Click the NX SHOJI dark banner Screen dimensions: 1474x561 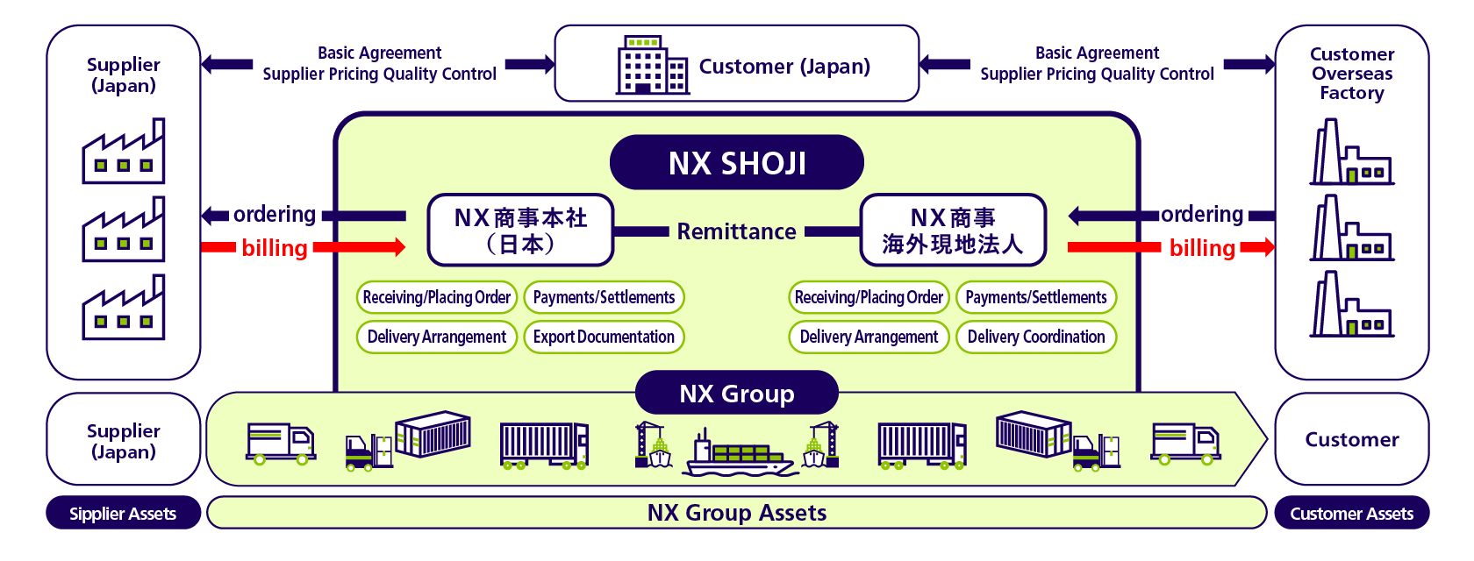coord(736,162)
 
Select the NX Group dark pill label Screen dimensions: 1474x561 coord(736,393)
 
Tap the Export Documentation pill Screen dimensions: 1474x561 coord(604,337)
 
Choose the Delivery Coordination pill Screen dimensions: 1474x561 coord(1036,337)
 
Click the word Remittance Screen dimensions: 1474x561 coord(736,231)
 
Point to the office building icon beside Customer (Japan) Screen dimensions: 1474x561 coord(652,65)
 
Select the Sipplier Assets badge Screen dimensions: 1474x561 coord(123,512)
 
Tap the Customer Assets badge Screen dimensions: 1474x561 coord(1351,512)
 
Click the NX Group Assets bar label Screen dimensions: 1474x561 coord(736,512)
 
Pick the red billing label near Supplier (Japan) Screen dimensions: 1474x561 coord(275,248)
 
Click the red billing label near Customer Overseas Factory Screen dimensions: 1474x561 coord(1202,248)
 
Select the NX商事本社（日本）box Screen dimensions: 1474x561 coord(520,231)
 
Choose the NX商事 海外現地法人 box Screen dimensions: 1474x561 coord(953,231)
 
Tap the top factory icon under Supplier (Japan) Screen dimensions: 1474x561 coord(123,152)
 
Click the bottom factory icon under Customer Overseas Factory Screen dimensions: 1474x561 coord(1351,304)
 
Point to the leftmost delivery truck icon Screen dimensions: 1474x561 coord(281,444)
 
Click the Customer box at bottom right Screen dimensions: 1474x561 coord(1351,438)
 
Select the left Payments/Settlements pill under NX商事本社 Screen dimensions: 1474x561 coord(604,297)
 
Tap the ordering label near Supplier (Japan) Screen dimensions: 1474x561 coord(275,215)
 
